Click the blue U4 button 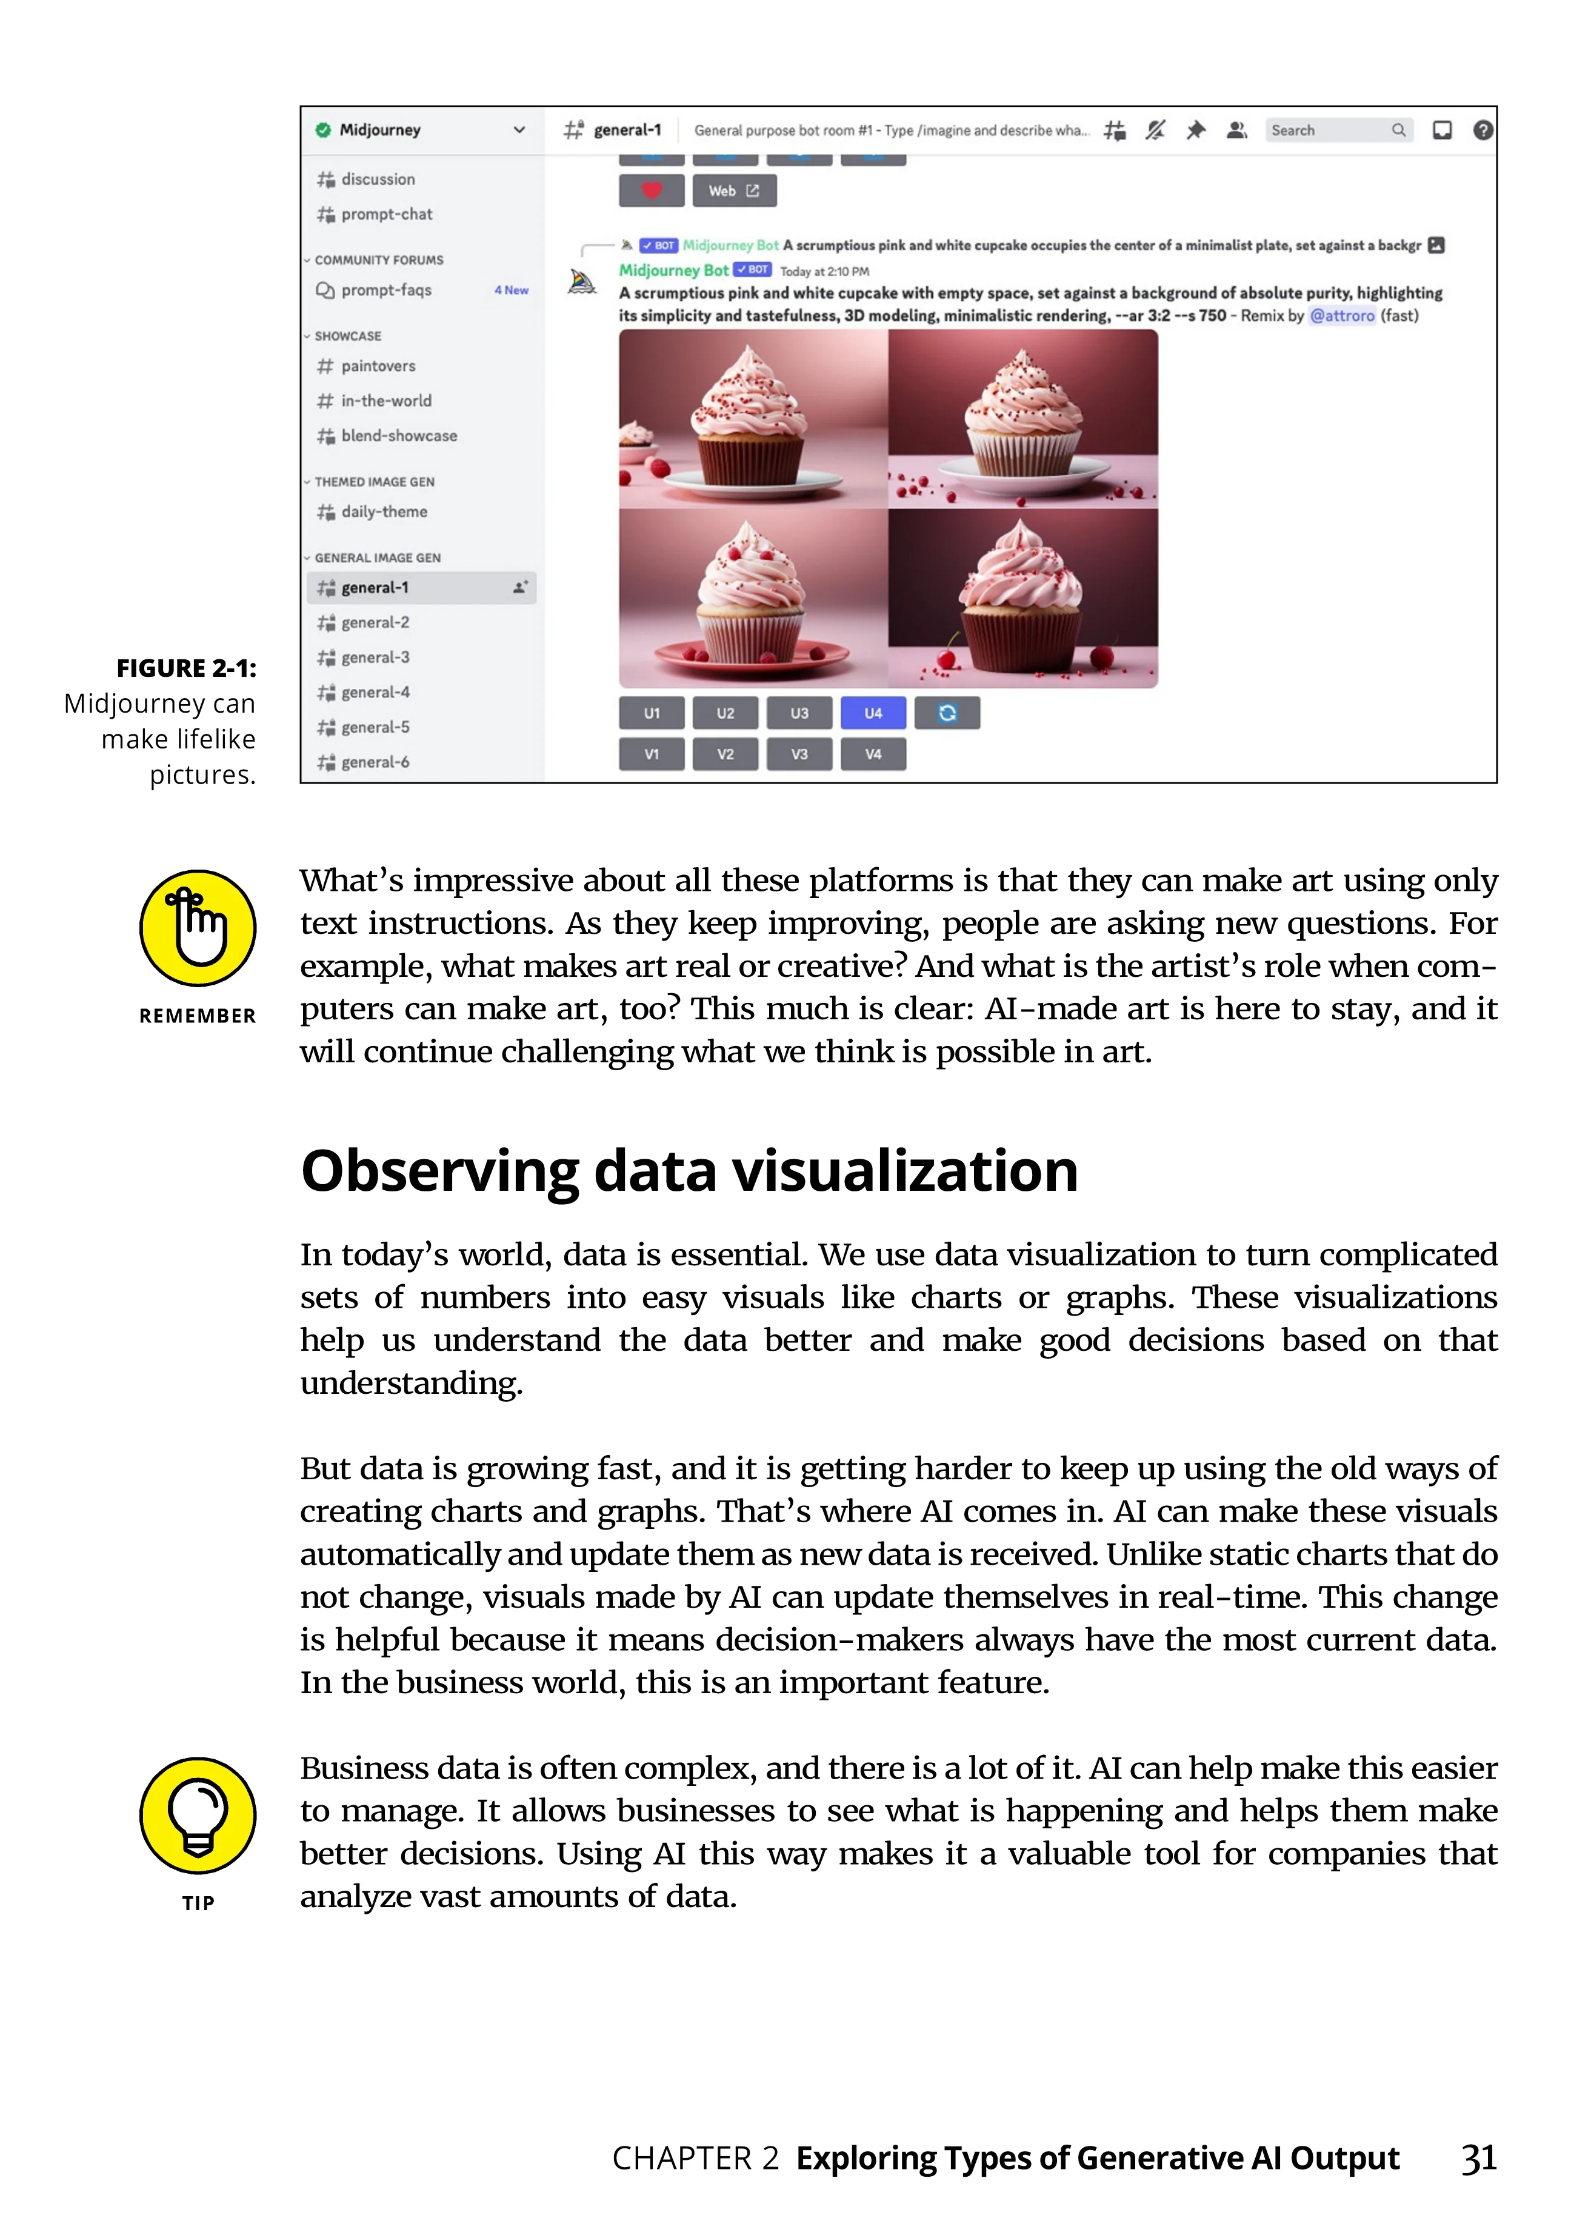point(873,713)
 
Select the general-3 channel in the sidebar point(375,658)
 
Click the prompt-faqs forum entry point(386,290)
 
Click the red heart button point(651,190)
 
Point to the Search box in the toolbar point(1338,130)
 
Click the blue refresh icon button point(947,713)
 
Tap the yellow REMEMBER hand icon point(198,928)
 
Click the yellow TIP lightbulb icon point(198,1816)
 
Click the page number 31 point(1478,2158)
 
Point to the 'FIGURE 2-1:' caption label point(187,668)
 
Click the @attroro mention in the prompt point(1342,315)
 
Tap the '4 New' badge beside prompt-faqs point(511,290)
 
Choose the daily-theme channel point(384,511)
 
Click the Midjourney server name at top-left point(380,130)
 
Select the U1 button point(651,713)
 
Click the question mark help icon point(1482,130)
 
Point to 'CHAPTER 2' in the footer point(695,2158)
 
